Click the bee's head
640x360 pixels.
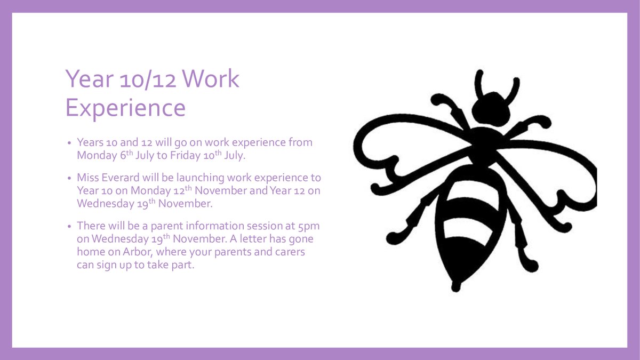coord(492,108)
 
